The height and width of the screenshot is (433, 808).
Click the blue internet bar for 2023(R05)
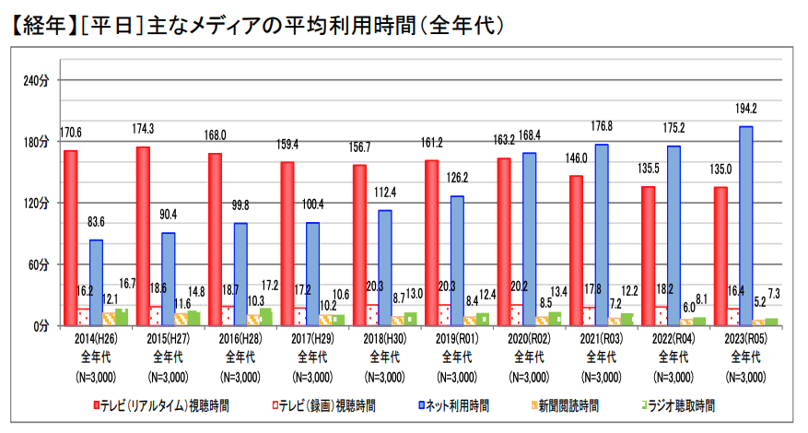click(746, 226)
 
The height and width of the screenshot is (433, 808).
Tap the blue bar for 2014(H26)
click(96, 282)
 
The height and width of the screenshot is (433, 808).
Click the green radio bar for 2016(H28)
click(266, 317)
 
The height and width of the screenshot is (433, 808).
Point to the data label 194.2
click(747, 109)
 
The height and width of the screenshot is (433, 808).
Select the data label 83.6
click(95, 222)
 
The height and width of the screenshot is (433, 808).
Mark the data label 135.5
click(649, 169)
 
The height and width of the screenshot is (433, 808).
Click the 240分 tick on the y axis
click(36, 81)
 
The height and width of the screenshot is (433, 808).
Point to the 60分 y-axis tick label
click(38, 264)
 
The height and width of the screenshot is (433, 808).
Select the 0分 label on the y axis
click(41, 326)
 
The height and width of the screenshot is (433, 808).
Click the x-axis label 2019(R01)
click(458, 338)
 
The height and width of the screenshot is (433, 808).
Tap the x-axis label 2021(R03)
click(602, 338)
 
